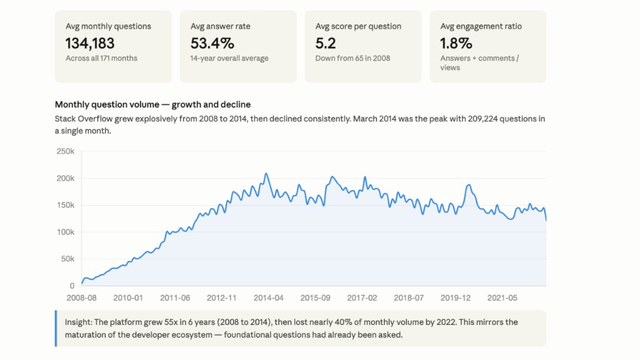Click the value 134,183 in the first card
(90, 43)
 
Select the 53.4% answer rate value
(212, 43)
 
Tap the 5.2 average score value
(325, 43)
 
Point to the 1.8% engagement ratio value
(456, 43)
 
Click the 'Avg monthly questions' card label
(108, 26)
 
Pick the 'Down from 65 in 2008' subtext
(352, 58)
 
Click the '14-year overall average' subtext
(229, 58)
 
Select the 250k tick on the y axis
(65, 151)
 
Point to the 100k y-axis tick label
(65, 232)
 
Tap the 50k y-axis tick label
(67, 259)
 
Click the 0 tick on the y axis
(72, 286)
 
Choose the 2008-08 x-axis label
(82, 298)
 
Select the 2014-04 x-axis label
(268, 298)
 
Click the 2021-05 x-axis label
(502, 298)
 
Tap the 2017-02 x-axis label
(362, 298)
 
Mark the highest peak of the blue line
(266, 174)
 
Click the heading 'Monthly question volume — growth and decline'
(152, 104)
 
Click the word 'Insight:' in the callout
(78, 322)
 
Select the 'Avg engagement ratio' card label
(481, 26)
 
